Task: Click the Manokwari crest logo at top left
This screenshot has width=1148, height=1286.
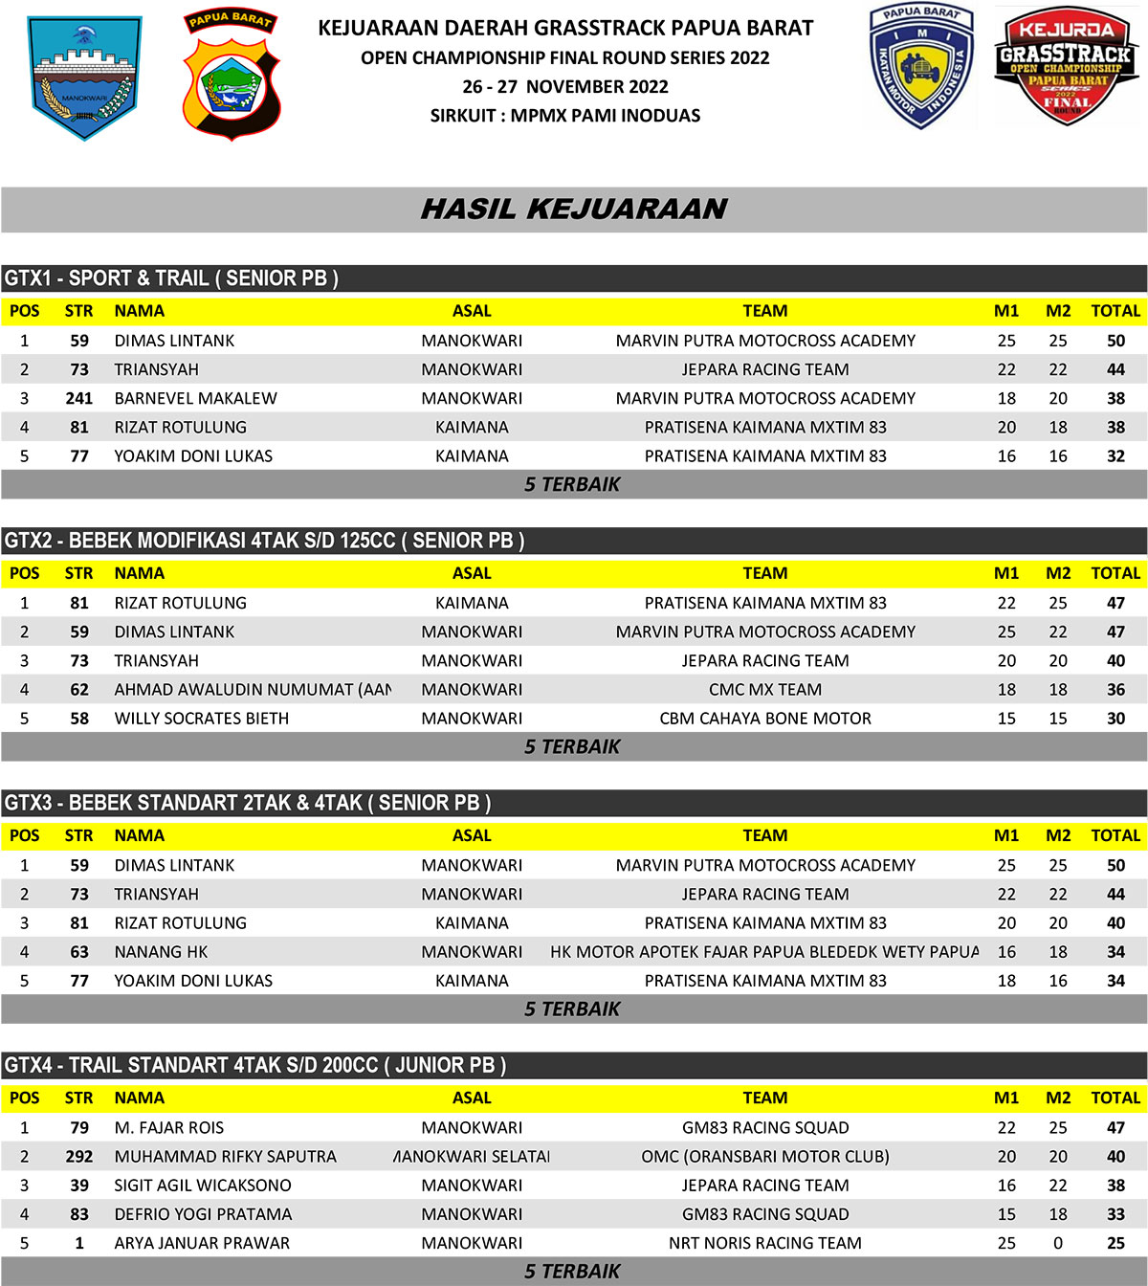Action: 84,78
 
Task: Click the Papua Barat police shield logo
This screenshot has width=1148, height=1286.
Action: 231,76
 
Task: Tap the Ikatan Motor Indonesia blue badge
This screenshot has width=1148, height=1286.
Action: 920,66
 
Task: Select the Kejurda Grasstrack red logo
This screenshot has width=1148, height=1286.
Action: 1067,66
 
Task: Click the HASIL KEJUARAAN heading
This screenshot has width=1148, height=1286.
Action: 574,210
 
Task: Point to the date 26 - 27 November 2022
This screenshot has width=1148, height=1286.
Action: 565,87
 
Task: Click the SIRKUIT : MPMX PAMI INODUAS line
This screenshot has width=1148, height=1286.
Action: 565,116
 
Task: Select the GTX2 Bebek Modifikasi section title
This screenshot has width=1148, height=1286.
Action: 264,541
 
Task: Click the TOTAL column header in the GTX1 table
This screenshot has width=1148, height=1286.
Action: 1115,311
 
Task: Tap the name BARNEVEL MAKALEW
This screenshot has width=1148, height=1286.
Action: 195,398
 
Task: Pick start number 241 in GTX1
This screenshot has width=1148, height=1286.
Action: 79,398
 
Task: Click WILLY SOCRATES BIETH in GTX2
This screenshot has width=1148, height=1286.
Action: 201,719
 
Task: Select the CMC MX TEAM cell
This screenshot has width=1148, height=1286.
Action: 765,690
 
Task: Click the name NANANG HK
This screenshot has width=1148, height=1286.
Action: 161,952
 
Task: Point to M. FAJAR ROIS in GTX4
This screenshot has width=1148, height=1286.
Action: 168,1128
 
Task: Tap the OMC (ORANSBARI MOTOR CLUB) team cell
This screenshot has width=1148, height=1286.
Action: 765,1157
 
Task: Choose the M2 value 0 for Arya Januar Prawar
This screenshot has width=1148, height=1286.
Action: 1058,1243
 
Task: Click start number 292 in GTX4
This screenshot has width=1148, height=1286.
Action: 79,1157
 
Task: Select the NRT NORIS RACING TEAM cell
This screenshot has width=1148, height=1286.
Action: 765,1243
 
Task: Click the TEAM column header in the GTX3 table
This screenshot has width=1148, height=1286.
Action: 765,835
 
